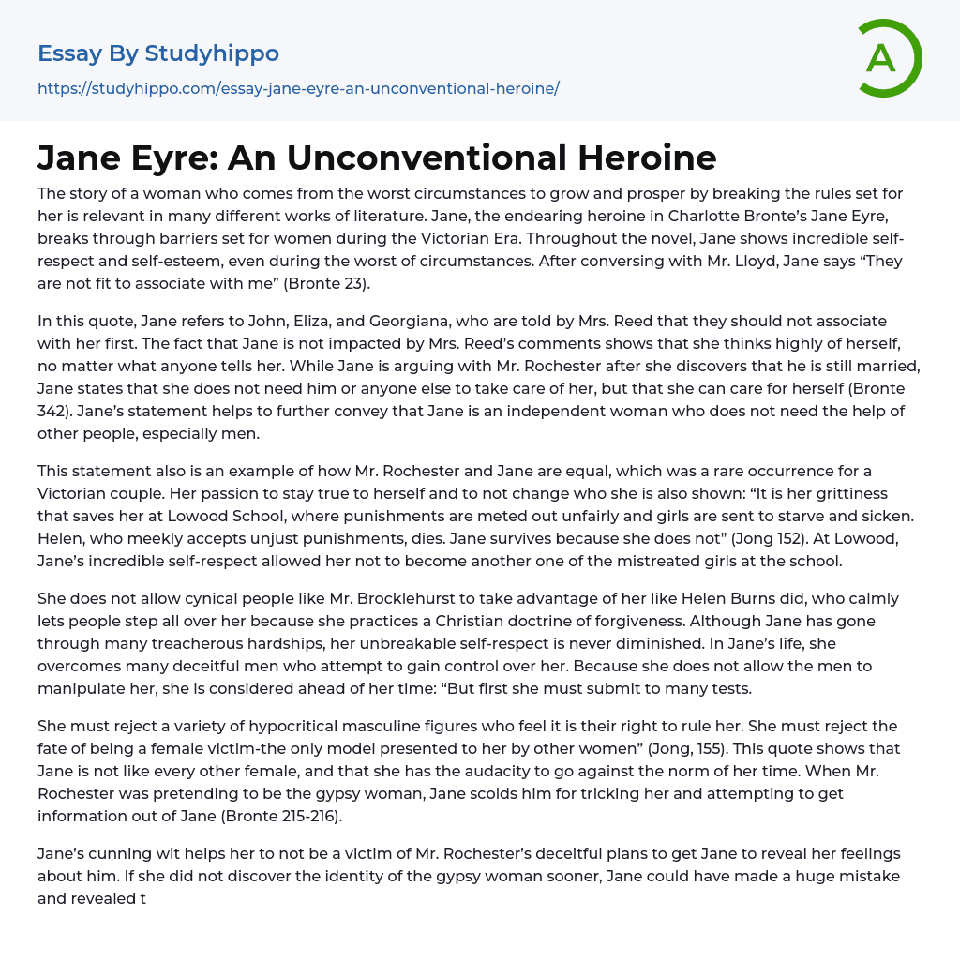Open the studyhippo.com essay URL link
pyautogui.click(x=298, y=88)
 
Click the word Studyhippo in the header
pyautogui.click(x=212, y=53)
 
